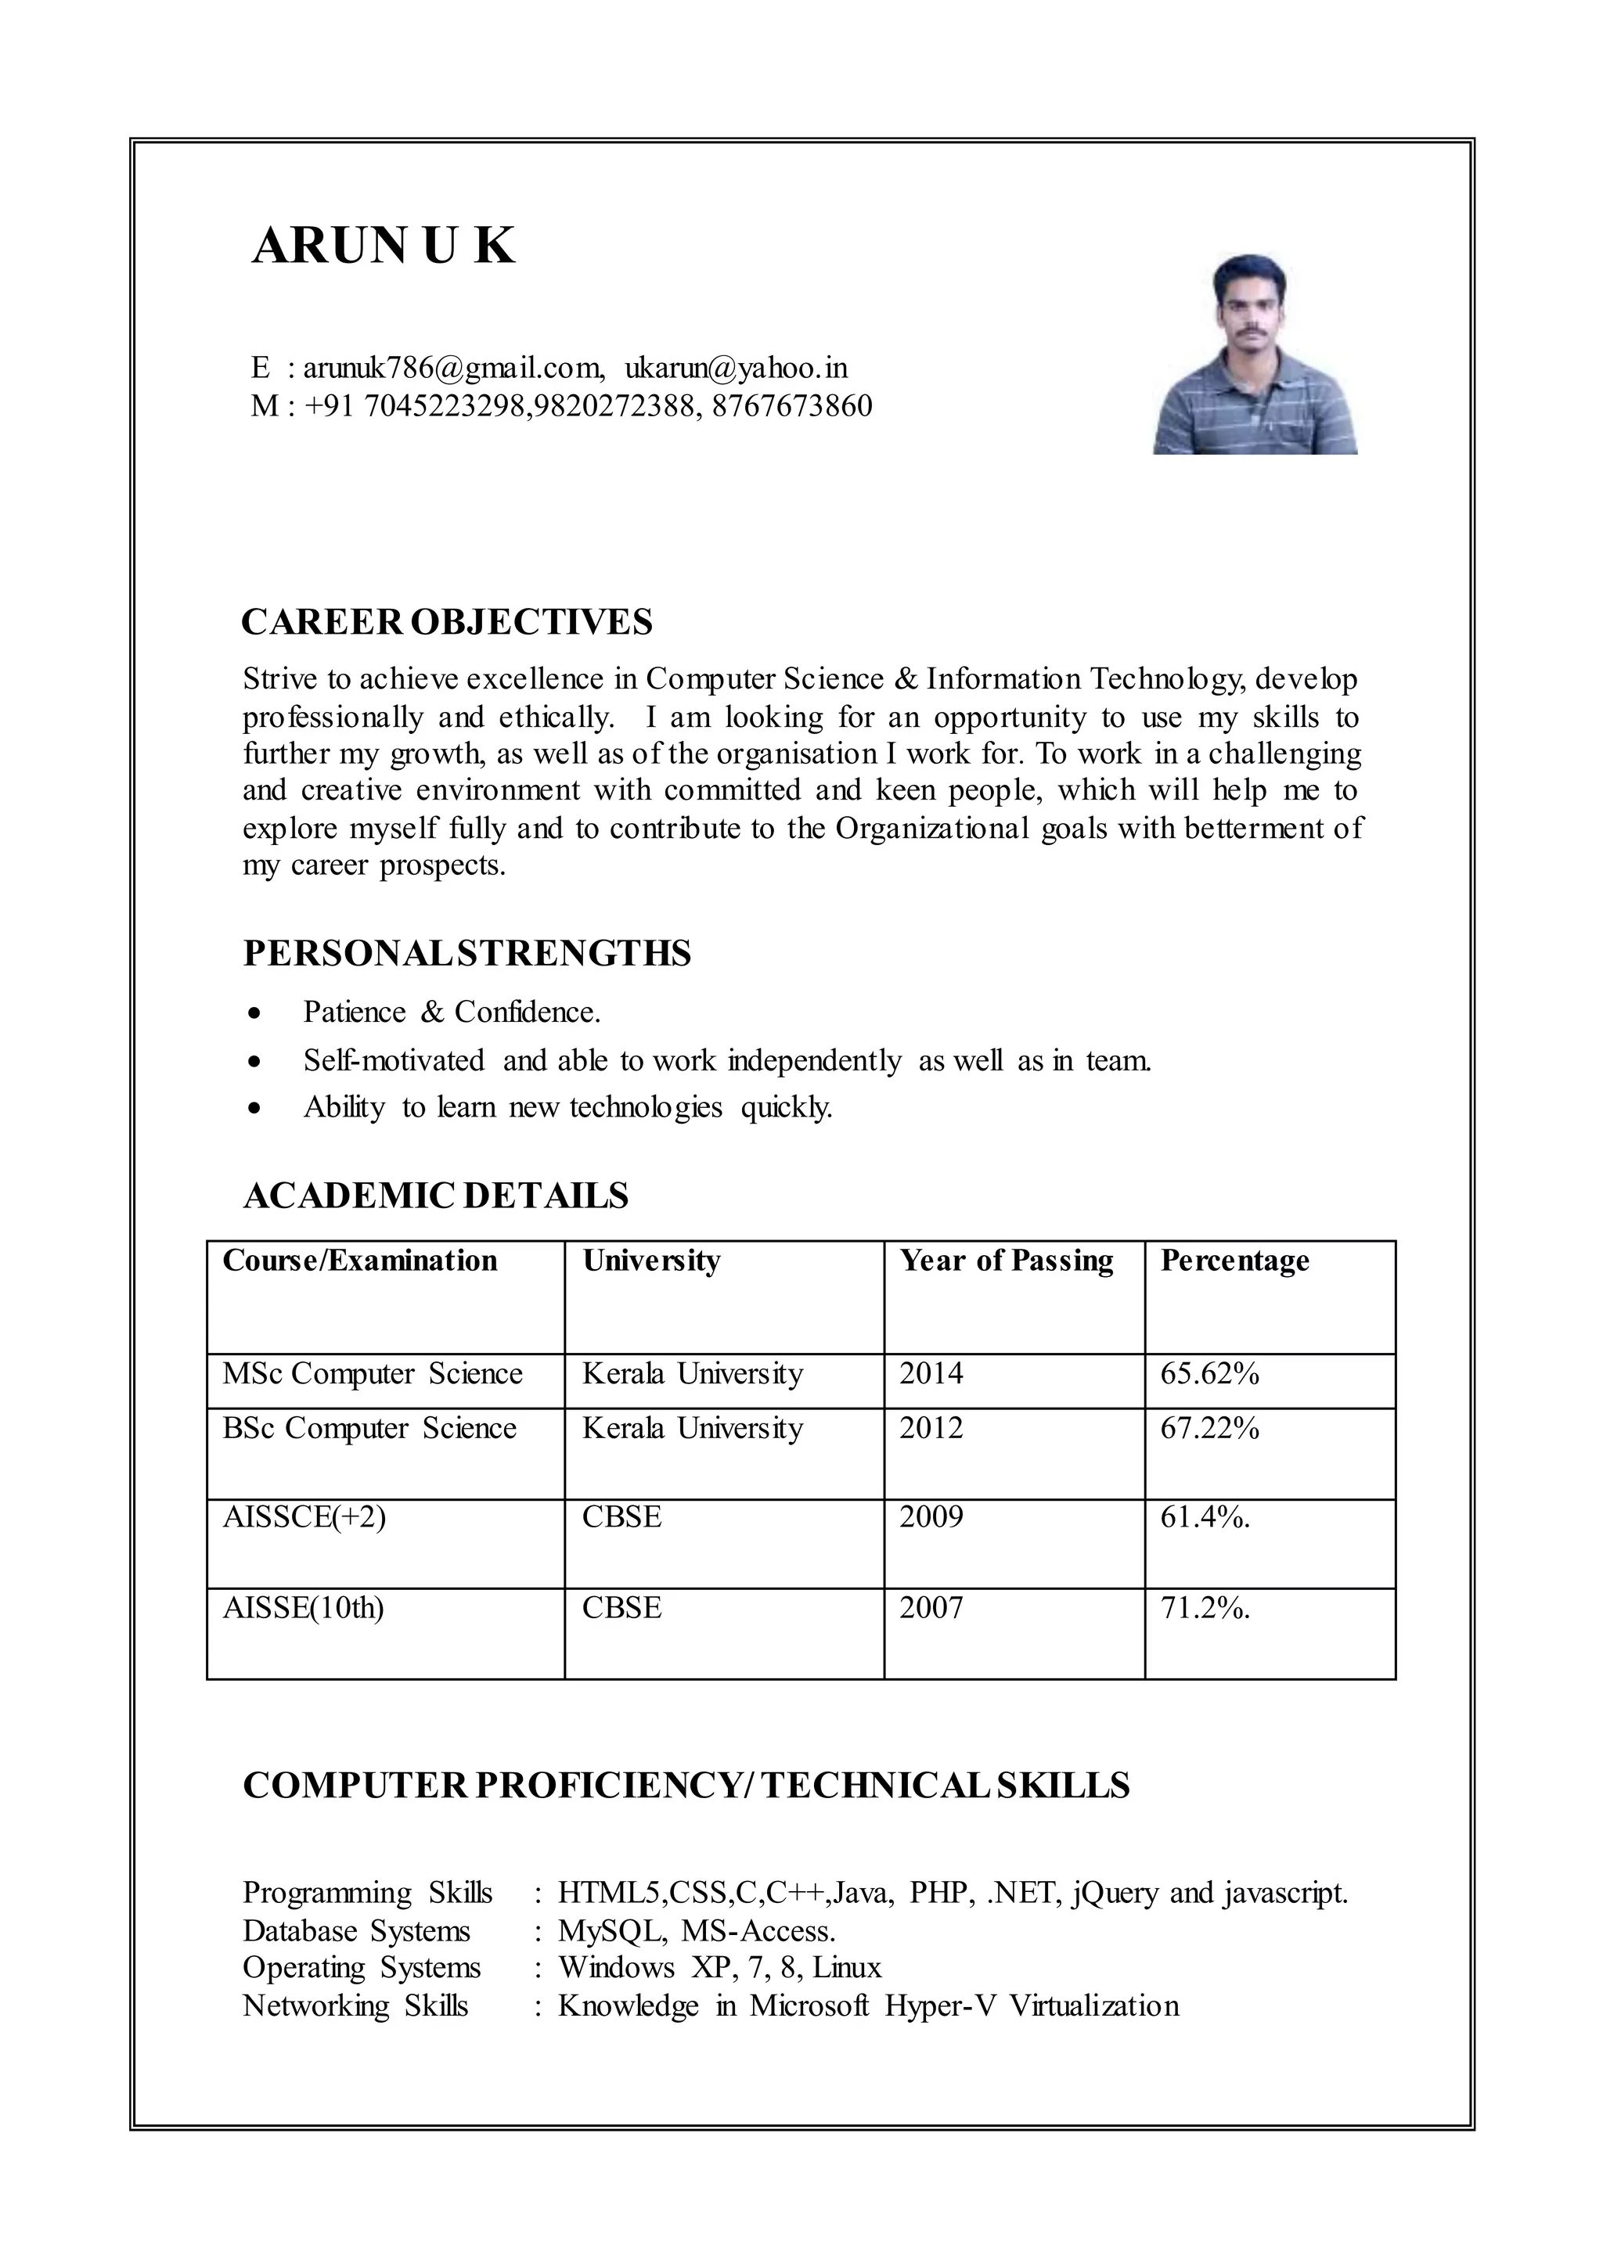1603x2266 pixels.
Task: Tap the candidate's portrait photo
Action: click(x=1255, y=355)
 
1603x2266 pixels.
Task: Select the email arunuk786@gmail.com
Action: click(x=453, y=368)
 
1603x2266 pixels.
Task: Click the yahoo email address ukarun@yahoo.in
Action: click(x=736, y=368)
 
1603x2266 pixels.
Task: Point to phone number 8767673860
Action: click(x=791, y=405)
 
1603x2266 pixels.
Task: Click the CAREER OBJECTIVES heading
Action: click(x=447, y=623)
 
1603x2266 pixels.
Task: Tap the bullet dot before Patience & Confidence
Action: click(x=256, y=1013)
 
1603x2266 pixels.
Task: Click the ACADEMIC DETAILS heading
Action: click(x=435, y=1196)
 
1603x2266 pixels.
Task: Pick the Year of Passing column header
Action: click(x=1006, y=1261)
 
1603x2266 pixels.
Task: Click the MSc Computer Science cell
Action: click(x=372, y=1374)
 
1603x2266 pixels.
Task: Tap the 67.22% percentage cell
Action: click(x=1209, y=1428)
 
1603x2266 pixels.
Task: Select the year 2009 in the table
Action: click(x=930, y=1517)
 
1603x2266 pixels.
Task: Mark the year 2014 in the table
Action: click(x=930, y=1374)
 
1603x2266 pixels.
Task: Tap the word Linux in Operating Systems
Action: click(x=846, y=1968)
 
